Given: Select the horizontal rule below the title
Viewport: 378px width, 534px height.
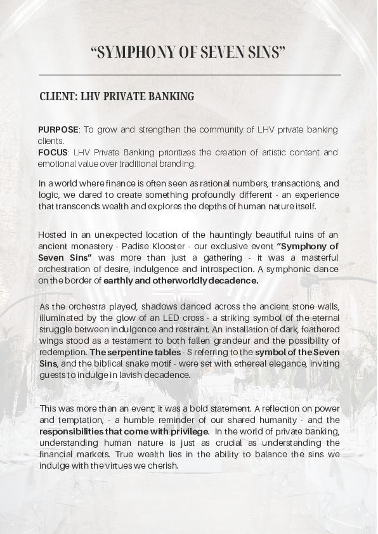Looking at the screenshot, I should point(189,75).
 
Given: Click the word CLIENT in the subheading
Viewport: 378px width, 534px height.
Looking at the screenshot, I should point(58,97).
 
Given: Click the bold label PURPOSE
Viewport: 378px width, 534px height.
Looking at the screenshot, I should point(58,130).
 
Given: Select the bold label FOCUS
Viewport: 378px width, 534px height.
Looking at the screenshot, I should point(53,153).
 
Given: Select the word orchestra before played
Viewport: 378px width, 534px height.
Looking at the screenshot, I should point(89,308).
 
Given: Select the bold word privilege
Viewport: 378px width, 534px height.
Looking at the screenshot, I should point(183,431).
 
